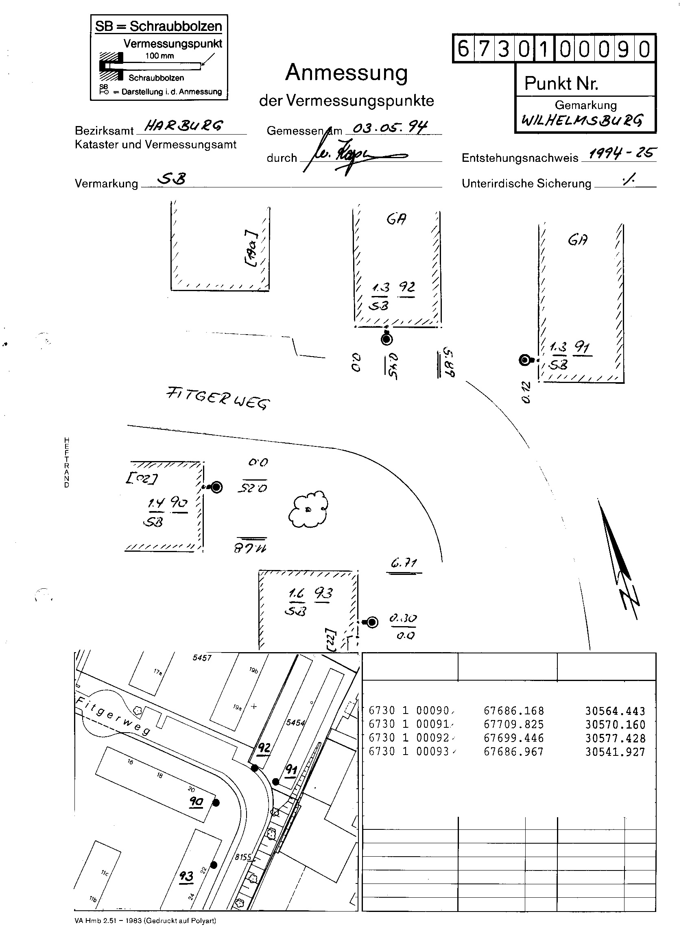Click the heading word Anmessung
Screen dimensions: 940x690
tap(346, 73)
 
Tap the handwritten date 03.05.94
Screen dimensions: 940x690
tap(390, 126)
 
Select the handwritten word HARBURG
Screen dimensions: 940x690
tap(184, 126)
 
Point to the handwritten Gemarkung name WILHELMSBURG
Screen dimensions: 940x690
tap(582, 121)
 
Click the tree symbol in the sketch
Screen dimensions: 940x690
tap(308, 509)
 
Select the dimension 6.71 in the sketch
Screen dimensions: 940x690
tap(404, 564)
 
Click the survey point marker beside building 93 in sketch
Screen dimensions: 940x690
tap(372, 622)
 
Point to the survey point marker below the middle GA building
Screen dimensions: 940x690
tap(387, 339)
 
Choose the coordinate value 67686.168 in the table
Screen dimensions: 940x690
tap(514, 710)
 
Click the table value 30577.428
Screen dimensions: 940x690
tap(615, 738)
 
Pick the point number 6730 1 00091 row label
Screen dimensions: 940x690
tap(408, 724)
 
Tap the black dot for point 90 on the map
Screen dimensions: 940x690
tap(216, 802)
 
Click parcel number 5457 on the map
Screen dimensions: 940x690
tap(202, 658)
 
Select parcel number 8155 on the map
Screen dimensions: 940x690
tap(243, 857)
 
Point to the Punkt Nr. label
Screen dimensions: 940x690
tap(561, 83)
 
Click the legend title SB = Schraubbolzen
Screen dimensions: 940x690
tap(158, 26)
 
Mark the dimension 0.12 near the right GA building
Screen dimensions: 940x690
tap(526, 392)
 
